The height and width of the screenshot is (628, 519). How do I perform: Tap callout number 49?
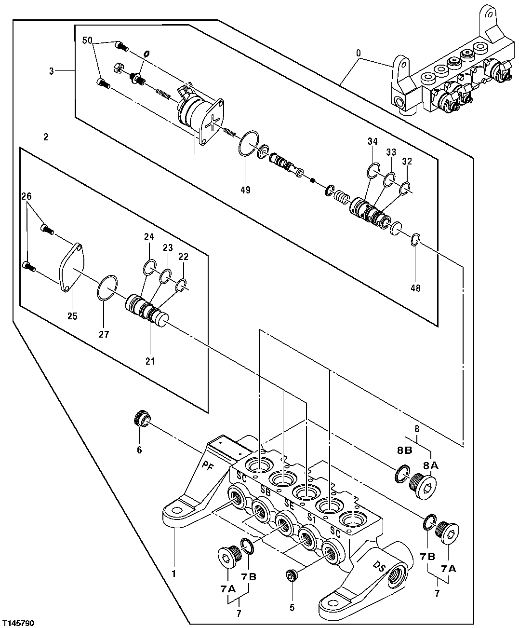(x=245, y=190)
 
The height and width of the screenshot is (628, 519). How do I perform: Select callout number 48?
(x=415, y=288)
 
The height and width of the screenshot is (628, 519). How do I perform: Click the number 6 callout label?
(x=139, y=450)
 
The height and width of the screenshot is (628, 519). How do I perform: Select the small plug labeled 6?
(x=141, y=417)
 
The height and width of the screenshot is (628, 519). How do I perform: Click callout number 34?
(x=373, y=142)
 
